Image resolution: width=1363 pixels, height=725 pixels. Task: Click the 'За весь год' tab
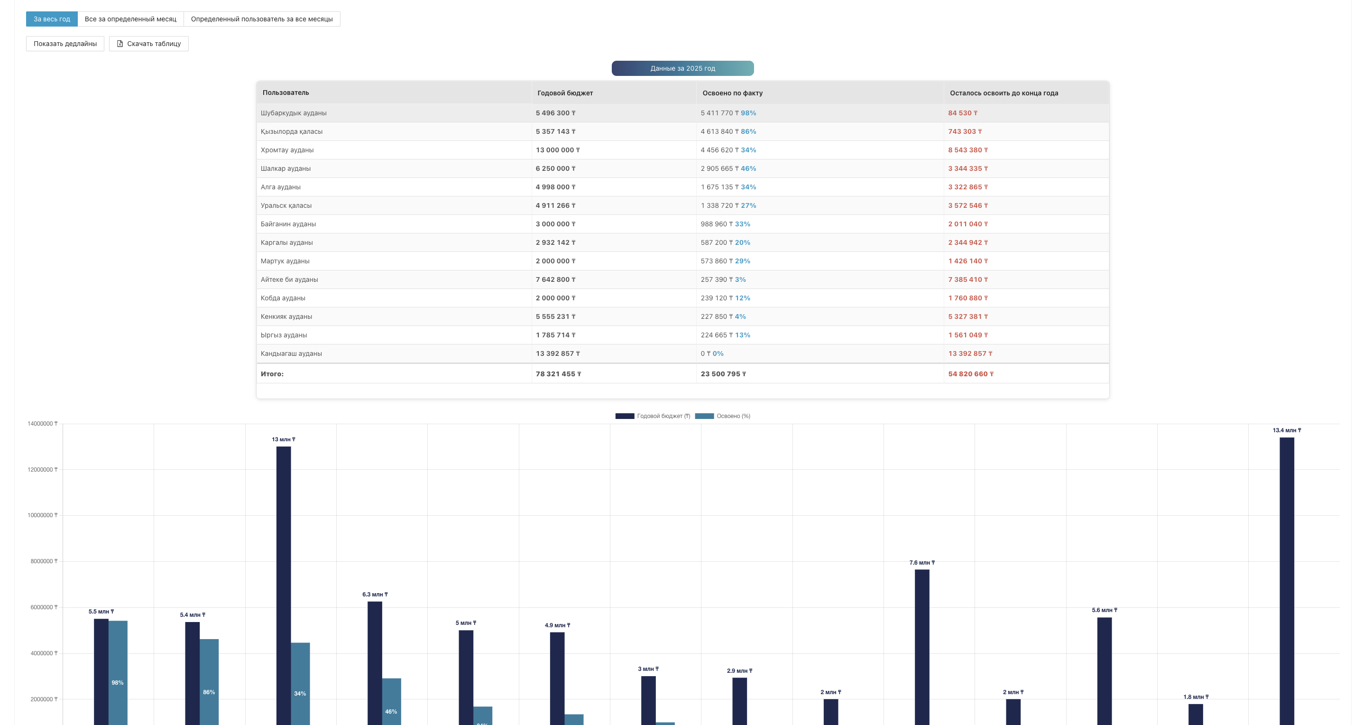[52, 19]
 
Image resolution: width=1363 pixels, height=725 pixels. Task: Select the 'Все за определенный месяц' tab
[130, 19]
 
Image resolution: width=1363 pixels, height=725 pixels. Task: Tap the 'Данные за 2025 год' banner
[682, 68]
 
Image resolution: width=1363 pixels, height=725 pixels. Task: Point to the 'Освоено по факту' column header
[732, 93]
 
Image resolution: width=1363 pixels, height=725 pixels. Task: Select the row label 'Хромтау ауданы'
[287, 150]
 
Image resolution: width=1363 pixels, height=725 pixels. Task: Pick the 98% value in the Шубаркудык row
[748, 113]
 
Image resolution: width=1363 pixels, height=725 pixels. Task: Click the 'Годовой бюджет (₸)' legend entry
[653, 416]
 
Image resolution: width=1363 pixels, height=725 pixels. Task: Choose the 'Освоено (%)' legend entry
[723, 416]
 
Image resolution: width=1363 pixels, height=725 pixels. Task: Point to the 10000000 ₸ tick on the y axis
[42, 515]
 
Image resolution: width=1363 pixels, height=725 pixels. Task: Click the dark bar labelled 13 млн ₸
[284, 582]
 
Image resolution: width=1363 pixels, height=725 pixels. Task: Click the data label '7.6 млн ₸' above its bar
[922, 563]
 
